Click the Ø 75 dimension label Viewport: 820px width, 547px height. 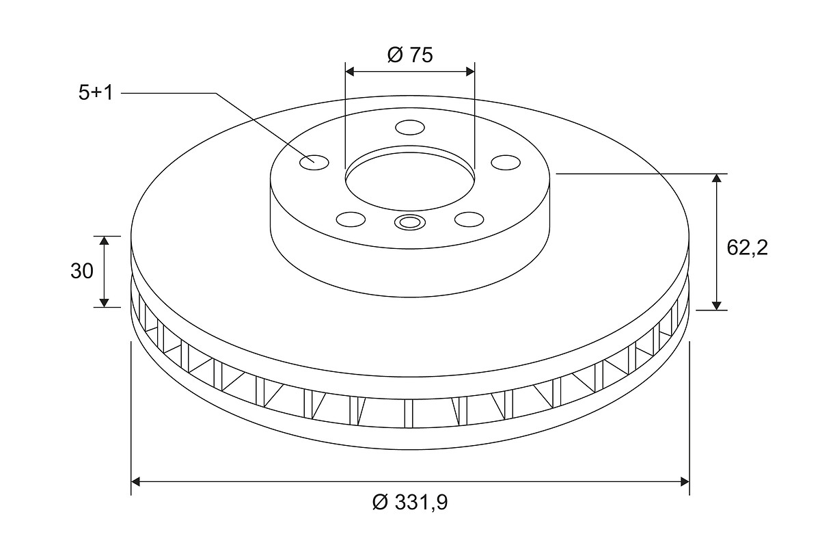click(x=410, y=55)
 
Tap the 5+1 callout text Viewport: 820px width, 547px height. click(x=96, y=93)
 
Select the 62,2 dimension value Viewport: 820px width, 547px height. click(x=747, y=248)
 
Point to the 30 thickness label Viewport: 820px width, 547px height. click(x=82, y=271)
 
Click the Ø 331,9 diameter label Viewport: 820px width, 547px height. click(x=410, y=502)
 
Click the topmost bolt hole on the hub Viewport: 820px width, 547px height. click(x=410, y=127)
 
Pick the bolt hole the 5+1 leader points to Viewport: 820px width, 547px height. click(x=314, y=162)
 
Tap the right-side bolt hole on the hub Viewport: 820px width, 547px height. click(x=506, y=162)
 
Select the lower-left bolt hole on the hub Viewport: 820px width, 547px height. click(x=351, y=219)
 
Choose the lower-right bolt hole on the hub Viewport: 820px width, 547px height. click(x=469, y=219)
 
